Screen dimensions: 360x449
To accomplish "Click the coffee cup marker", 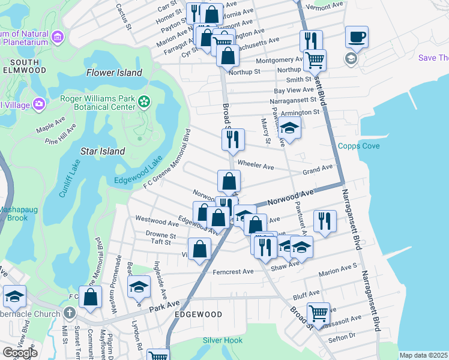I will click(357, 37).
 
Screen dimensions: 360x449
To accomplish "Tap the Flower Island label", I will click(114, 73).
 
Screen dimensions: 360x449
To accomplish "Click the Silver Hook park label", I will click(223, 340).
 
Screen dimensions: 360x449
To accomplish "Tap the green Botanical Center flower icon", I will click(143, 101).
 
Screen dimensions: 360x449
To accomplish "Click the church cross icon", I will click(69, 313).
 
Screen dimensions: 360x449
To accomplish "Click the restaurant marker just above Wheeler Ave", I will click(232, 140).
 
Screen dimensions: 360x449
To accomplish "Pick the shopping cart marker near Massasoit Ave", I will click(318, 313).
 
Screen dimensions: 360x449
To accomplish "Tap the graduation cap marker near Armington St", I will click(289, 128).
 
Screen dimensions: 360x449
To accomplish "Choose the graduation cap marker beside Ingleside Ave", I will click(139, 287).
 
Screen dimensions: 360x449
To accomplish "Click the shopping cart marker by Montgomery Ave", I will click(315, 59).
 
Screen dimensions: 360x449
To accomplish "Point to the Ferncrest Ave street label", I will click(233, 272).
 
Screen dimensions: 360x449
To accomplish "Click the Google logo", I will click(20, 353).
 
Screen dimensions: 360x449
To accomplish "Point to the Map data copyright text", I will click(424, 355).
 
